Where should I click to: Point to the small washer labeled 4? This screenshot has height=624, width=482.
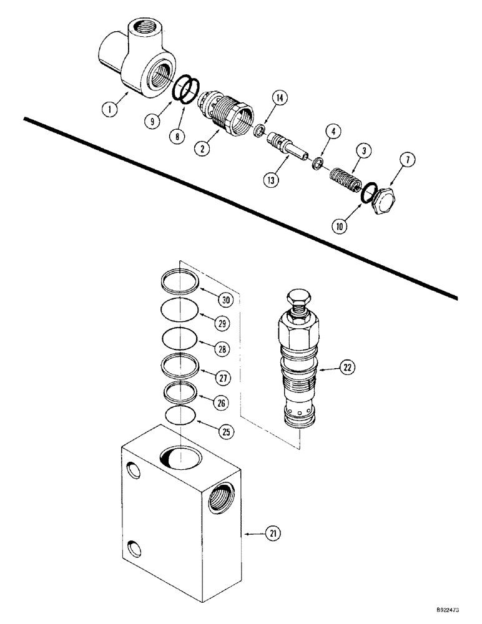[318, 163]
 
